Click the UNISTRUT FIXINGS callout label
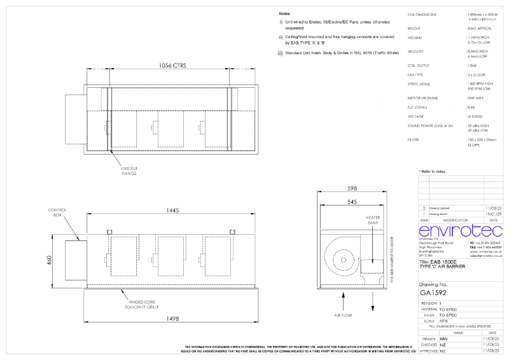[x=129, y=170]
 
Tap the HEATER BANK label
[x=373, y=220]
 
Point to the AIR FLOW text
[x=344, y=314]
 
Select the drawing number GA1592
[x=435, y=293]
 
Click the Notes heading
[x=285, y=13]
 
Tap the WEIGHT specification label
[x=415, y=28]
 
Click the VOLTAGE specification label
[x=416, y=116]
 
